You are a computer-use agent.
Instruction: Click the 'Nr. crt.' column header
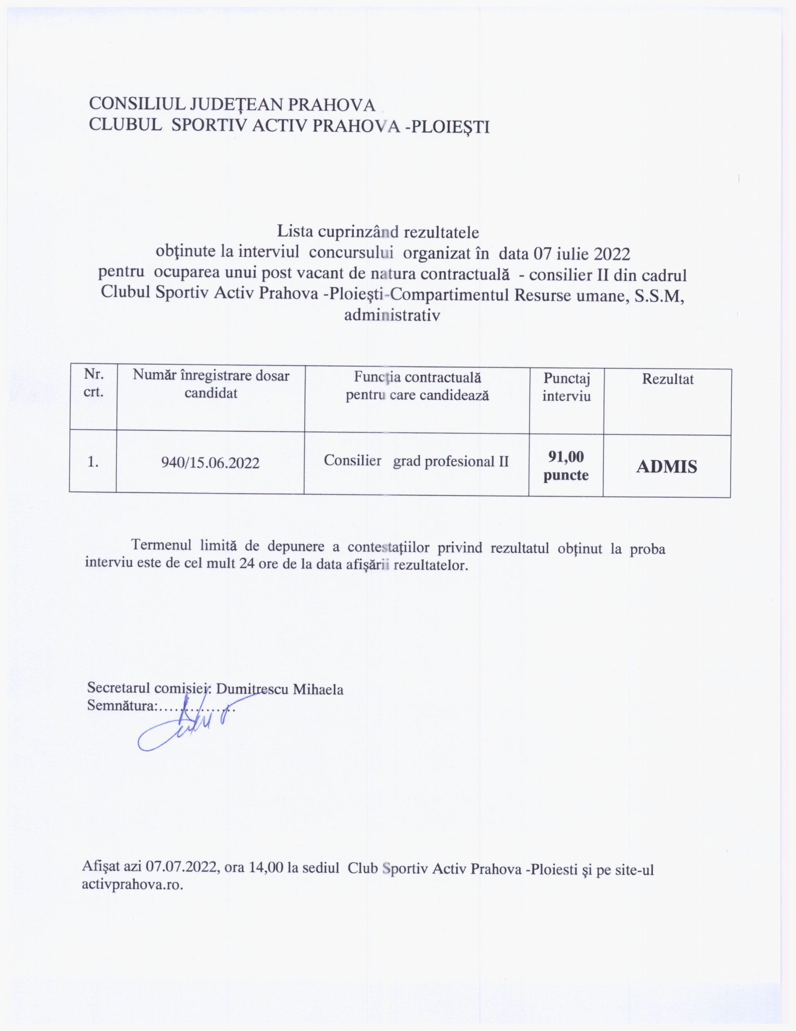pyautogui.click(x=93, y=383)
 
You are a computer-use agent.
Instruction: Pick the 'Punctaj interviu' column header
pyautogui.click(x=566, y=387)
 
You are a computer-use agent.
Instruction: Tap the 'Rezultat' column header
pyautogui.click(x=667, y=379)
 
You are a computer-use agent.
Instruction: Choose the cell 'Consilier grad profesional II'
pyautogui.click(x=416, y=460)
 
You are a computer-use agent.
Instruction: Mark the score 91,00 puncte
pyautogui.click(x=566, y=466)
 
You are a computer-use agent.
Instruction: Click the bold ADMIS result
pyautogui.click(x=667, y=467)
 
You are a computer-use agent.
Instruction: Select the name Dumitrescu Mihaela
pyautogui.click(x=279, y=689)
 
